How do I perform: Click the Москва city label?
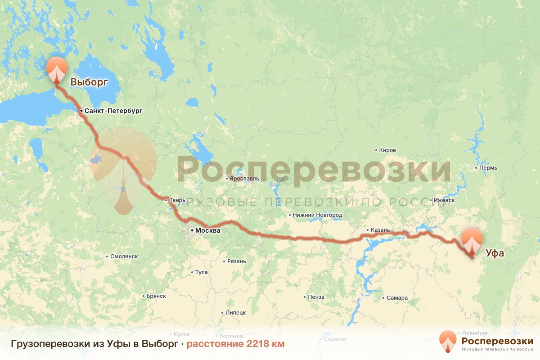click(207, 230)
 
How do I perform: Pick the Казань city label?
click(380, 230)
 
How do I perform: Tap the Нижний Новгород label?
click(317, 215)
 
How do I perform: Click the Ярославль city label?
click(244, 179)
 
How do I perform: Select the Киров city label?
click(387, 150)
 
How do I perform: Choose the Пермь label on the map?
click(488, 168)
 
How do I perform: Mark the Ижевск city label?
click(444, 200)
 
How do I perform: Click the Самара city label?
click(397, 298)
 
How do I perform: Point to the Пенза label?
click(316, 297)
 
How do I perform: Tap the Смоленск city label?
click(124, 256)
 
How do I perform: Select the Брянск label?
click(156, 296)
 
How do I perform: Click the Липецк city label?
click(235, 313)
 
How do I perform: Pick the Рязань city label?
click(237, 261)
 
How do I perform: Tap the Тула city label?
click(201, 272)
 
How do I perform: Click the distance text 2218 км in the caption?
click(235, 344)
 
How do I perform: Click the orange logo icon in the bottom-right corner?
click(448, 341)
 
